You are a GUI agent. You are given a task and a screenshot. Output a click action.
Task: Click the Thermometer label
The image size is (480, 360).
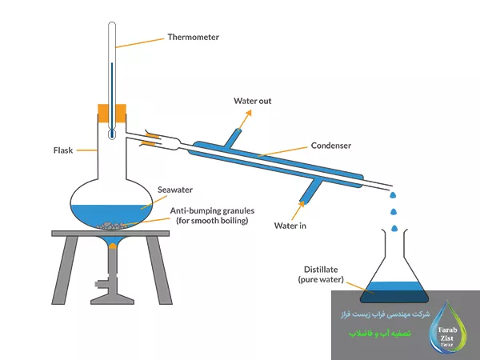193,37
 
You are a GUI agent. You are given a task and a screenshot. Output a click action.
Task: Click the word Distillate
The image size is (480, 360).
324,270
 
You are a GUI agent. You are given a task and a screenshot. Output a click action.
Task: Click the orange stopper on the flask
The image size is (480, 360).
113,113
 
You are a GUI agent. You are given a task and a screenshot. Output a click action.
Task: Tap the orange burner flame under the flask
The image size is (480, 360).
113,245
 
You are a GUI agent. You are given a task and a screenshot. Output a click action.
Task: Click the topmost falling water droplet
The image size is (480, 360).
392,195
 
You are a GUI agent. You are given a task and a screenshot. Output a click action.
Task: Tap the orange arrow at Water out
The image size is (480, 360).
244,116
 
